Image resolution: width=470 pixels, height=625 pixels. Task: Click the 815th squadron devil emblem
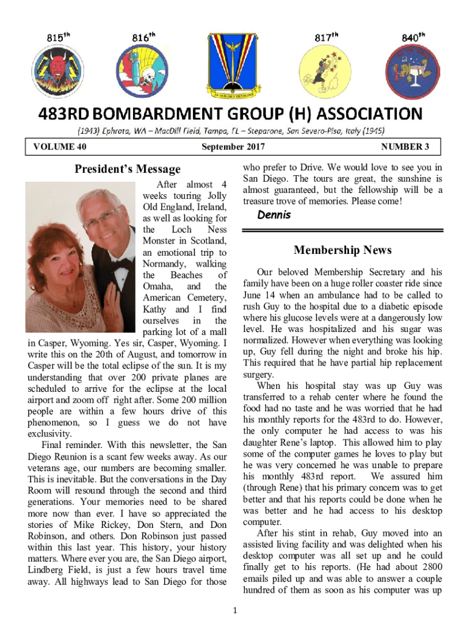coord(52,71)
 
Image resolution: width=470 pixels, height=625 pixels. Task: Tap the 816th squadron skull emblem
coord(142,71)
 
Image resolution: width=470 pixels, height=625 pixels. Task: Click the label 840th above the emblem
coord(413,37)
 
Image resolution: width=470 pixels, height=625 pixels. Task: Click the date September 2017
coord(233,147)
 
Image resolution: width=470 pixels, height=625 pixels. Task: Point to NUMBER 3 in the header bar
coord(405,147)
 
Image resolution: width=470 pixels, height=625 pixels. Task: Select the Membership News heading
coord(342,250)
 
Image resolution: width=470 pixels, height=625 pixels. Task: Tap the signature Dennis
coord(274,215)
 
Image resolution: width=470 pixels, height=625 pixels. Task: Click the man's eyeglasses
coord(101,217)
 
